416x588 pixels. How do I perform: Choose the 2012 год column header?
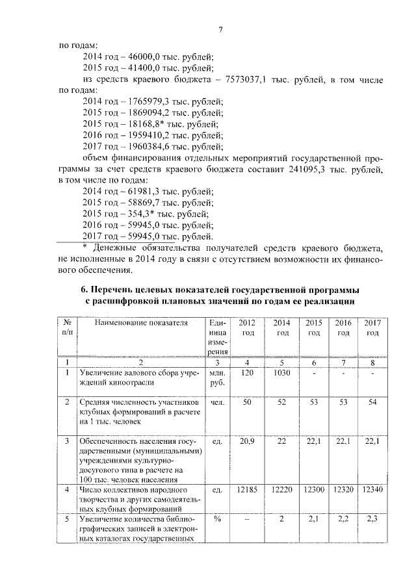246,327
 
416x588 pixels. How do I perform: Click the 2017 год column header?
371,327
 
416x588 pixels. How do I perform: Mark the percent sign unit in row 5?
216,519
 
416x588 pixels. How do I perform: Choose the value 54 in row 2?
371,403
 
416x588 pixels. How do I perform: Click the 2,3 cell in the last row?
371,519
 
